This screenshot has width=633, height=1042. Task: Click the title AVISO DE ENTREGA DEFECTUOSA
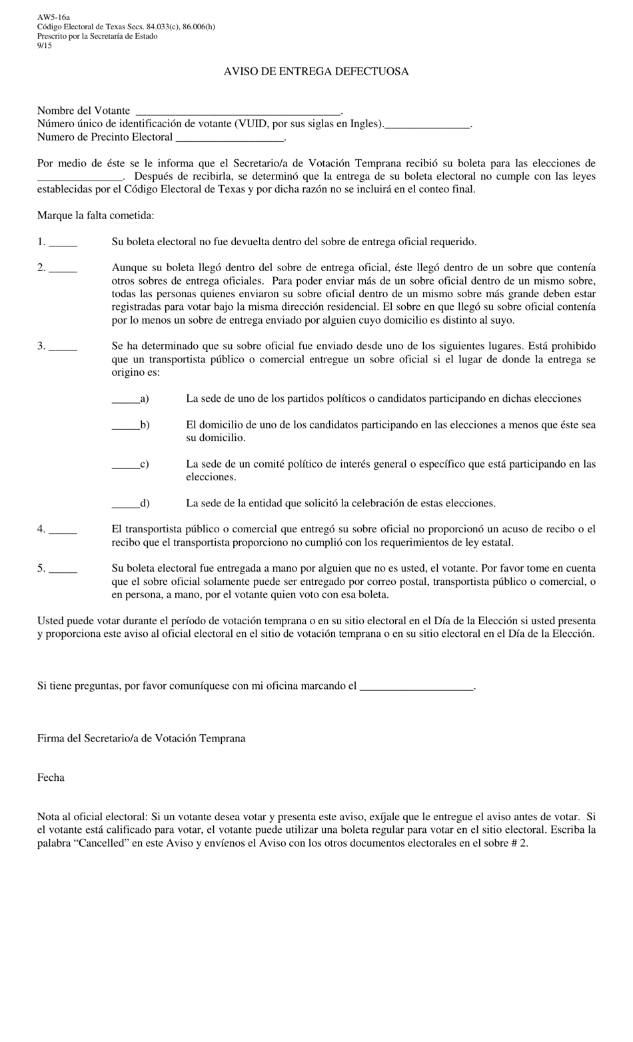click(316, 71)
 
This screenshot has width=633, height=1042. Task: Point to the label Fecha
click(51, 778)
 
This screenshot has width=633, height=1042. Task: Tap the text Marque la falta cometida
click(95, 215)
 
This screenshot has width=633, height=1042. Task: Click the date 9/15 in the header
click(44, 45)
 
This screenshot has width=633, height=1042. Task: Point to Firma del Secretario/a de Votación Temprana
click(141, 738)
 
